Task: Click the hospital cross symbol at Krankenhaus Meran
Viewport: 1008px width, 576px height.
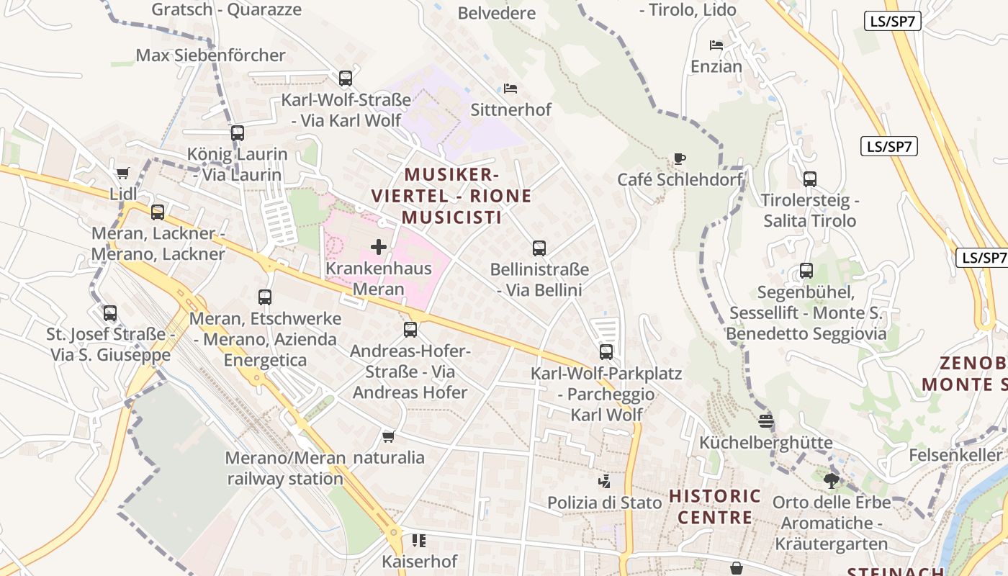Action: [x=378, y=248]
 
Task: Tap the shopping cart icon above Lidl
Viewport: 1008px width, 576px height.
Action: [x=122, y=174]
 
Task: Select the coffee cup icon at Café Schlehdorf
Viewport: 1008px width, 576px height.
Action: [x=679, y=158]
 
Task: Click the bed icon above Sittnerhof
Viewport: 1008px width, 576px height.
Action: [x=510, y=89]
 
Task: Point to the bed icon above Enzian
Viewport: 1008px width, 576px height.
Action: [x=716, y=45]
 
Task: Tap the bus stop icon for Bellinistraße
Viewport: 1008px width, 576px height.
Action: [x=539, y=248]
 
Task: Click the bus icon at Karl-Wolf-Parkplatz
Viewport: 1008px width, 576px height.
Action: [x=606, y=352]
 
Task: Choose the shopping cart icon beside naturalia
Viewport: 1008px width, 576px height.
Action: [x=389, y=436]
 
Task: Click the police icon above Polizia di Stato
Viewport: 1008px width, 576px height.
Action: [x=604, y=481]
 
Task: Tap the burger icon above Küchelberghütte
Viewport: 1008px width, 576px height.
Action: [x=765, y=420]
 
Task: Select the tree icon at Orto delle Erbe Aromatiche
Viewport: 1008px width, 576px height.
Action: [x=832, y=480]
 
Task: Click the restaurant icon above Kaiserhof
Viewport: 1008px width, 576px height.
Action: [x=418, y=540]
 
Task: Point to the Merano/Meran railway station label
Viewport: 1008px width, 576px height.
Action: [x=285, y=468]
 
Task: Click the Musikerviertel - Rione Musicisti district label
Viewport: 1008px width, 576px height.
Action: [x=451, y=196]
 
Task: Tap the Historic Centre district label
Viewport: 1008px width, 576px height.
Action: [x=715, y=506]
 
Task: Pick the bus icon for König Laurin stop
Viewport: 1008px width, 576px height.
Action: [x=238, y=133]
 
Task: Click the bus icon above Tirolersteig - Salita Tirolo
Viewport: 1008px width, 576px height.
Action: [x=810, y=179]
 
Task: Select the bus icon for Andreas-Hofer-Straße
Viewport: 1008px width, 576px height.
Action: [x=410, y=330]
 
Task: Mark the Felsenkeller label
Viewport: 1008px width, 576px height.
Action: [x=955, y=455]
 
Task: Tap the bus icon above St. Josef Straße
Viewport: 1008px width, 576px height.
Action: [x=109, y=313]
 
